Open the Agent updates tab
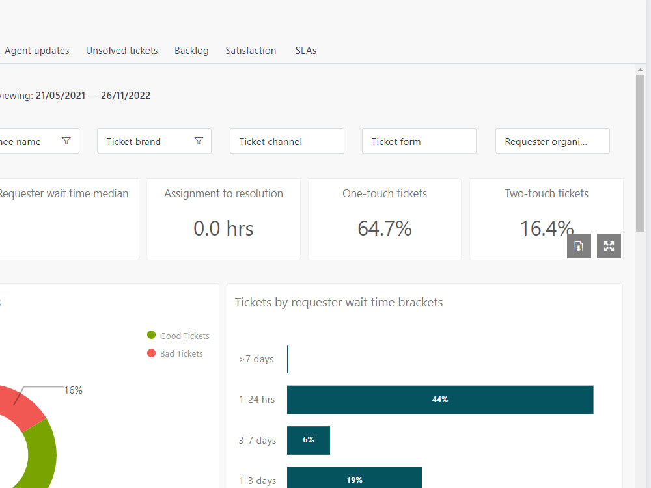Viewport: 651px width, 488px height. pyautogui.click(x=36, y=51)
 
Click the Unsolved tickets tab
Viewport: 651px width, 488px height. pyautogui.click(x=122, y=51)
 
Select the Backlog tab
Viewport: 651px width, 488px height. pyautogui.click(x=191, y=51)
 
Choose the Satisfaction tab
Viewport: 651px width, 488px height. pyautogui.click(x=251, y=51)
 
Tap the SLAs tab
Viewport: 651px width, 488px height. pyautogui.click(x=306, y=51)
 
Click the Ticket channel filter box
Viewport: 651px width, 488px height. pyautogui.click(x=286, y=141)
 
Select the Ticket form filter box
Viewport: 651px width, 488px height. pyautogui.click(x=419, y=141)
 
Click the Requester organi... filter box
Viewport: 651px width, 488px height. pyautogui.click(x=552, y=141)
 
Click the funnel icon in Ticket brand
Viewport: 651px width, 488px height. pyautogui.click(x=199, y=141)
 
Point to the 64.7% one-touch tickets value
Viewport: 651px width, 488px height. pyautogui.click(x=385, y=228)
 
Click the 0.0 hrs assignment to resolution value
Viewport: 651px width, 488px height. pyautogui.click(x=223, y=228)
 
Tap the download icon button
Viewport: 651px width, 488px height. pyautogui.click(x=579, y=246)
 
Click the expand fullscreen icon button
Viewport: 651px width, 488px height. pyautogui.click(x=609, y=246)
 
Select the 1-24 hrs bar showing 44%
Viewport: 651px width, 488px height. pyautogui.click(x=440, y=400)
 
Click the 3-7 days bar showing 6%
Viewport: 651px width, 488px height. pyautogui.click(x=309, y=441)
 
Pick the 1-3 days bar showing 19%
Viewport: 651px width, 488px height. pyautogui.click(x=354, y=480)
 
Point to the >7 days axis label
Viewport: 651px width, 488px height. pyautogui.click(x=256, y=359)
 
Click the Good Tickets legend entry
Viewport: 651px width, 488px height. pyautogui.click(x=178, y=336)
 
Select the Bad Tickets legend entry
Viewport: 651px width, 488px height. pyautogui.click(x=175, y=354)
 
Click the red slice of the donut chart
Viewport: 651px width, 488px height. pyautogui.click(x=20, y=407)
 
